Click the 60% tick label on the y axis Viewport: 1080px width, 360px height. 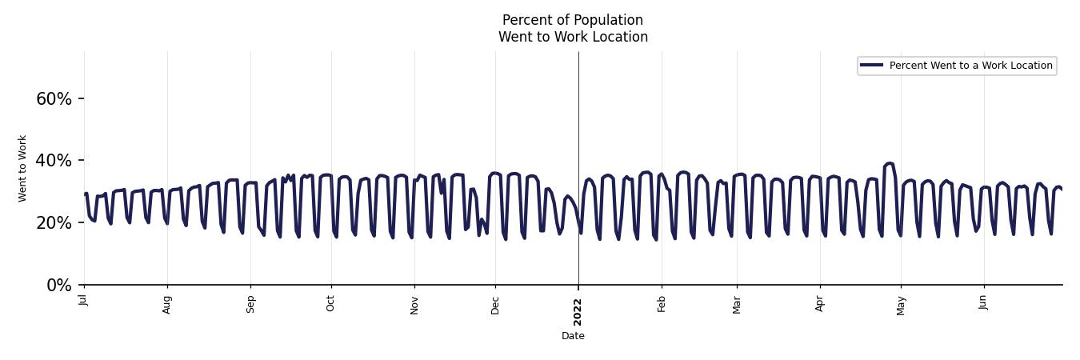(54, 99)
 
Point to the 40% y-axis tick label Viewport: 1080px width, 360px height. (54, 161)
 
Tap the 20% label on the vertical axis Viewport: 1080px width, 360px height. (54, 223)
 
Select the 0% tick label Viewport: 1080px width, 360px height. (59, 286)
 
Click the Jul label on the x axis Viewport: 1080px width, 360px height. (83, 300)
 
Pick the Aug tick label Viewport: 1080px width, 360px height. (167, 304)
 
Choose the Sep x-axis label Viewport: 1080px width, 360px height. (250, 304)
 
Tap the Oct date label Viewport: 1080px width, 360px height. (331, 303)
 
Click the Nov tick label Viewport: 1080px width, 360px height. (414, 304)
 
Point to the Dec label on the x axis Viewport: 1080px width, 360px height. (495, 304)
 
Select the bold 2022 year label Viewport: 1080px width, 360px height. (578, 311)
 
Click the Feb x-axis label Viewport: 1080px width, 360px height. (662, 303)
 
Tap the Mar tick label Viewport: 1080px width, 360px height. (737, 304)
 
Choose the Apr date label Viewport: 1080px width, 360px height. (820, 303)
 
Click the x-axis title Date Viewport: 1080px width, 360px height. (573, 337)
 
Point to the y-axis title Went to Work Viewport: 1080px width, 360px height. (22, 168)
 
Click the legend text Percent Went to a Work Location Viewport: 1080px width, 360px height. (970, 66)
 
